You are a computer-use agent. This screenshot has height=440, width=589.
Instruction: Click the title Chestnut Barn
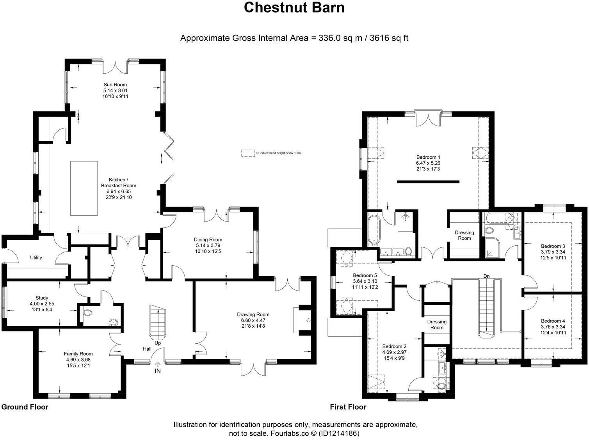click(294, 7)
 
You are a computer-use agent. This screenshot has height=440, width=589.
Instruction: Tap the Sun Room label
click(115, 85)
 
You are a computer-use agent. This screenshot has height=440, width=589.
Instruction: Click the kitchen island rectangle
click(84, 188)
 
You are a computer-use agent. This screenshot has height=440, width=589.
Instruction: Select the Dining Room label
click(208, 240)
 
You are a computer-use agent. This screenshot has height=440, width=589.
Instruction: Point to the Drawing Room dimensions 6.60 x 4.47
click(253, 320)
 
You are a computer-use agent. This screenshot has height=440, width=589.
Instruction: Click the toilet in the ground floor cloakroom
click(87, 312)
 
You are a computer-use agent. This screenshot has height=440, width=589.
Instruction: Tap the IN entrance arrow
click(158, 364)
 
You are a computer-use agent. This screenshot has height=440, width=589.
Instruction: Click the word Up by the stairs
click(158, 343)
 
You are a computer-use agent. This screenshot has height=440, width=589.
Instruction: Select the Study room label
click(42, 298)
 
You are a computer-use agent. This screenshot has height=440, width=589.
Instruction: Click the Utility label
click(36, 257)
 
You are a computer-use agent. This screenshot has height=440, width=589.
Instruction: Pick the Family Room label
click(78, 354)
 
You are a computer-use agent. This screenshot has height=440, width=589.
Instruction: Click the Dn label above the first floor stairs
click(486, 276)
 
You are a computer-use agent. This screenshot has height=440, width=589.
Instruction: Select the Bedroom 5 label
click(365, 275)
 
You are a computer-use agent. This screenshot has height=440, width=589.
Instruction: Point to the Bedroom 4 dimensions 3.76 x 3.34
click(553, 327)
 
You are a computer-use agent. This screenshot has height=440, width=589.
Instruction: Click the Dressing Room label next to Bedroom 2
click(437, 325)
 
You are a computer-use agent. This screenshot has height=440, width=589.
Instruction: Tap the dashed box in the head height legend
click(248, 153)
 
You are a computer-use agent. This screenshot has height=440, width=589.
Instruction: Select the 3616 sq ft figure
click(389, 38)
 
